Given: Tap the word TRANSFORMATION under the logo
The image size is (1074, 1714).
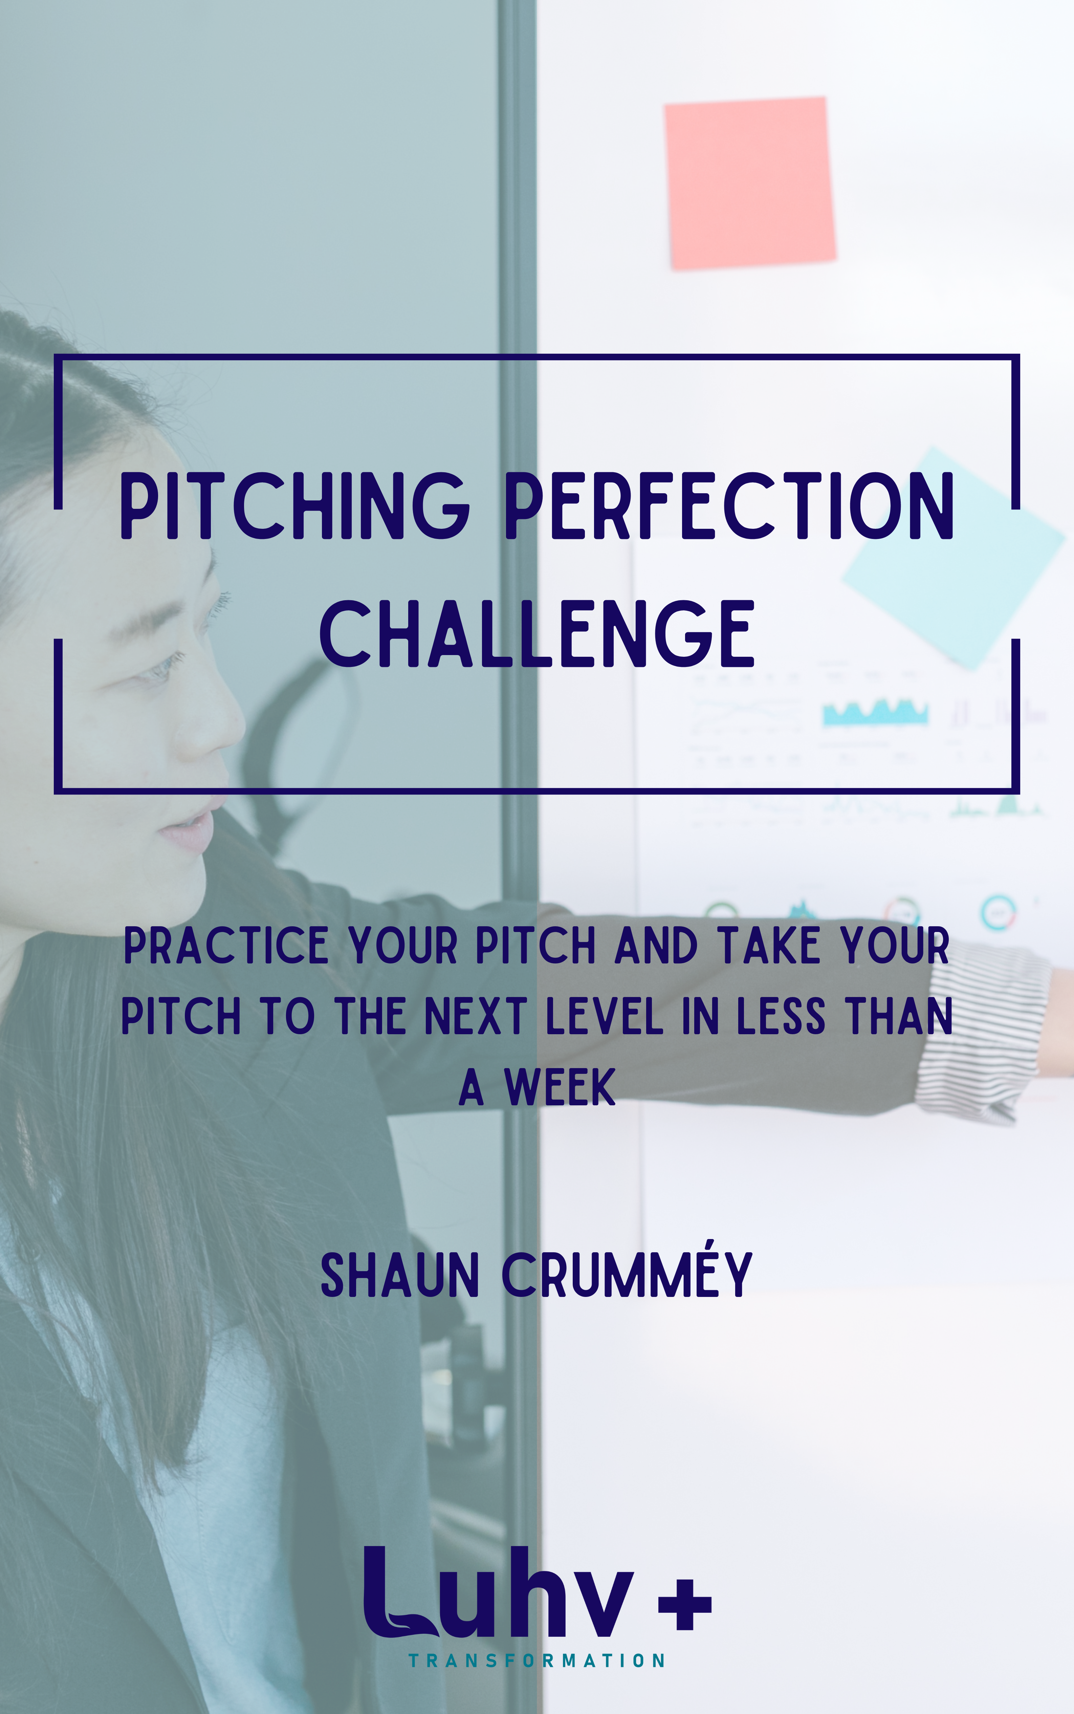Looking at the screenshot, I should [x=536, y=1661].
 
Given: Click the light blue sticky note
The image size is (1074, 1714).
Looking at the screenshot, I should [x=952, y=554].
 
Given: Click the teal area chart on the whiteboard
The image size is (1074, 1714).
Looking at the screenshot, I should [x=875, y=713].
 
